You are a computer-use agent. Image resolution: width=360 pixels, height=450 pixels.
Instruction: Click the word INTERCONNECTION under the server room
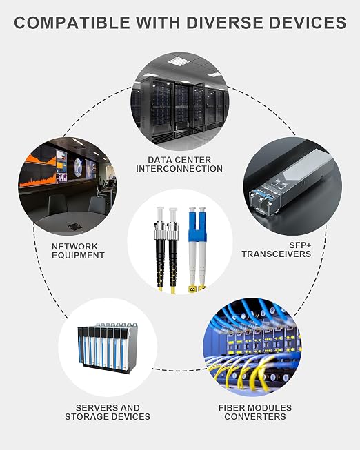click(x=179, y=169)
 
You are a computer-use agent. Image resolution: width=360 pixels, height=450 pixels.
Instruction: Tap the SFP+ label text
click(x=300, y=245)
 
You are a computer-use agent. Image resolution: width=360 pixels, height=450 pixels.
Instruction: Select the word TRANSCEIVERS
click(x=277, y=254)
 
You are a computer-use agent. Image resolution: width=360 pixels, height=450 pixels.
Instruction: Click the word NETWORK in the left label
click(x=74, y=247)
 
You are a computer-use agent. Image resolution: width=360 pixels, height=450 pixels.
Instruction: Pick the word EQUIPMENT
click(x=78, y=256)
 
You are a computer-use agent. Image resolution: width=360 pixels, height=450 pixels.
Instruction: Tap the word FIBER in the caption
click(x=231, y=408)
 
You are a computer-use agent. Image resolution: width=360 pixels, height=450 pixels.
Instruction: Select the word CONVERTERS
click(x=255, y=417)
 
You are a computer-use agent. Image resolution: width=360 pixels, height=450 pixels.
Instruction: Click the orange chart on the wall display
click(x=38, y=172)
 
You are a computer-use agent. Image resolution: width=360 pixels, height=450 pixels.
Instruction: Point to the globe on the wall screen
click(x=78, y=167)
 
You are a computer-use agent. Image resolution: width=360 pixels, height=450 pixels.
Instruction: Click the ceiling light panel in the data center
click(x=179, y=61)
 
